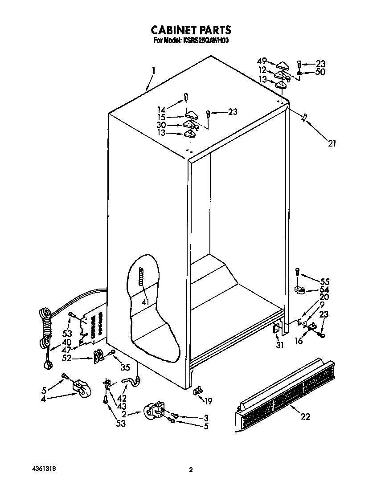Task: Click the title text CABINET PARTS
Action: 191,30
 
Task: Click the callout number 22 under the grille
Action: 305,417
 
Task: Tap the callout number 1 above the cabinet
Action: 153,70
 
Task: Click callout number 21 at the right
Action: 332,143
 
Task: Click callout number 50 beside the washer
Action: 320,72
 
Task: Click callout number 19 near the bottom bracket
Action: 208,401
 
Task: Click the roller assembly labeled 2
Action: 154,411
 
